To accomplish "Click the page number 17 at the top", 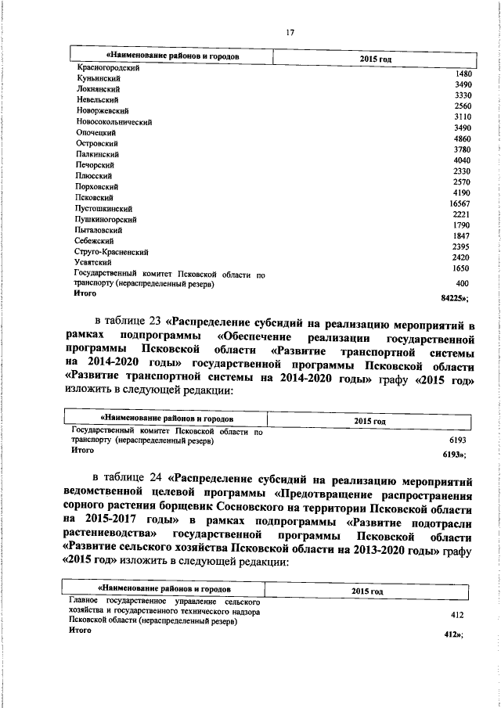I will tap(290, 32).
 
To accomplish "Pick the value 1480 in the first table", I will tap(463, 74).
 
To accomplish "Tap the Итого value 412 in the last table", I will tap(452, 634).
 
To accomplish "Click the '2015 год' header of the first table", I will tap(375, 59).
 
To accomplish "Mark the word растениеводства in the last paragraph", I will tap(110, 538).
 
